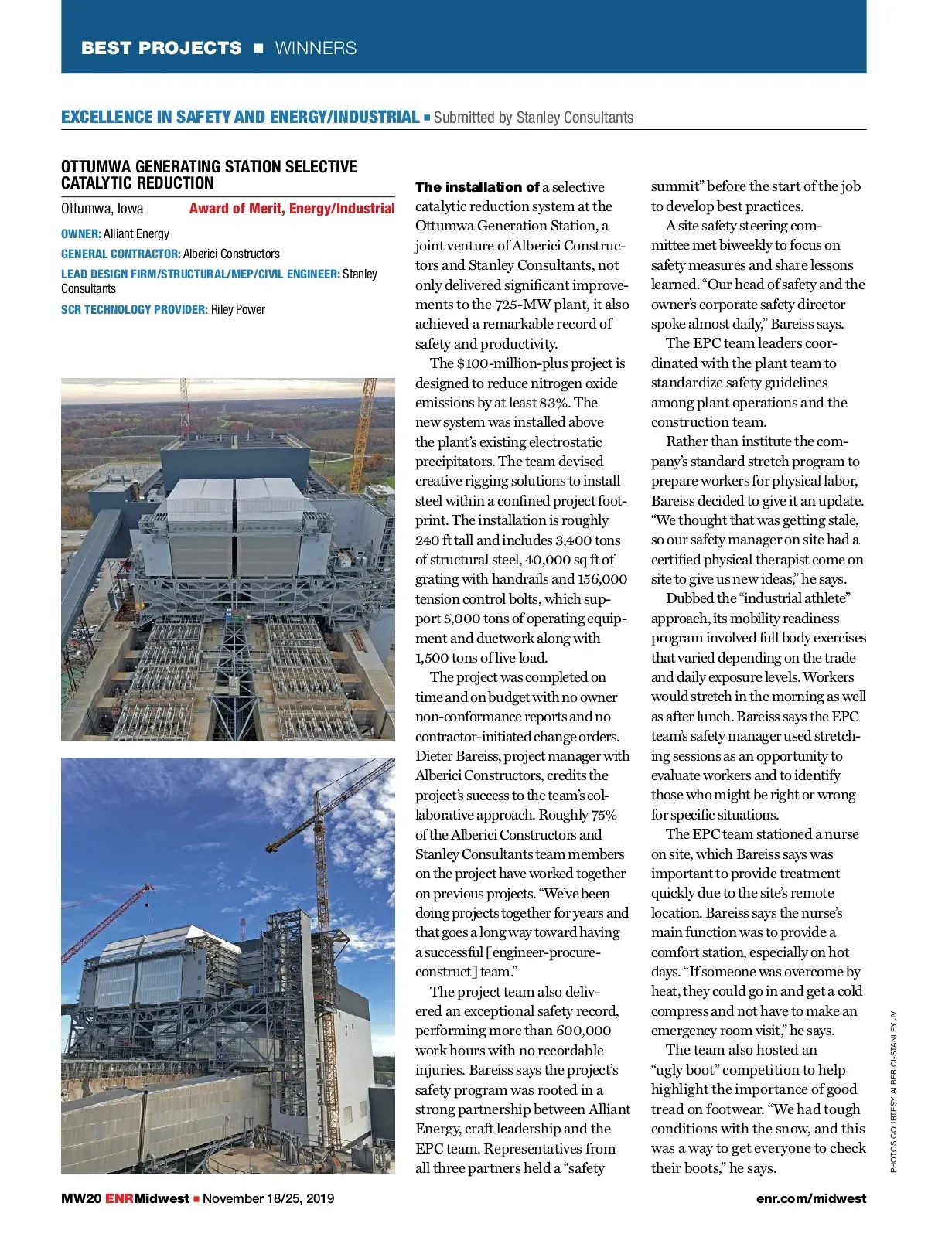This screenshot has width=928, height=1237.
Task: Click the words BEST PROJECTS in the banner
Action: click(161, 48)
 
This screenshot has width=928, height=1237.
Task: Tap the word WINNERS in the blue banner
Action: click(316, 48)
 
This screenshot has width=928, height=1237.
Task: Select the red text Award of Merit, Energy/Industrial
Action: click(292, 208)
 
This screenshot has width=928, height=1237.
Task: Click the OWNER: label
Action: click(80, 233)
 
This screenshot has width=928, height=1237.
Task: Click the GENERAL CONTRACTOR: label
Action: click(121, 254)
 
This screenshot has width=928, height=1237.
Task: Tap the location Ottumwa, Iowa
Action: click(102, 208)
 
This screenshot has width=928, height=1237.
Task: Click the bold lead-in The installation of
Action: click(477, 187)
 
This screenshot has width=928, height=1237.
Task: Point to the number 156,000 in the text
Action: click(602, 579)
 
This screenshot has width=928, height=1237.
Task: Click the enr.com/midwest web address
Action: click(811, 1198)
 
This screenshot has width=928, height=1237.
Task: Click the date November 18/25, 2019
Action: click(268, 1198)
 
